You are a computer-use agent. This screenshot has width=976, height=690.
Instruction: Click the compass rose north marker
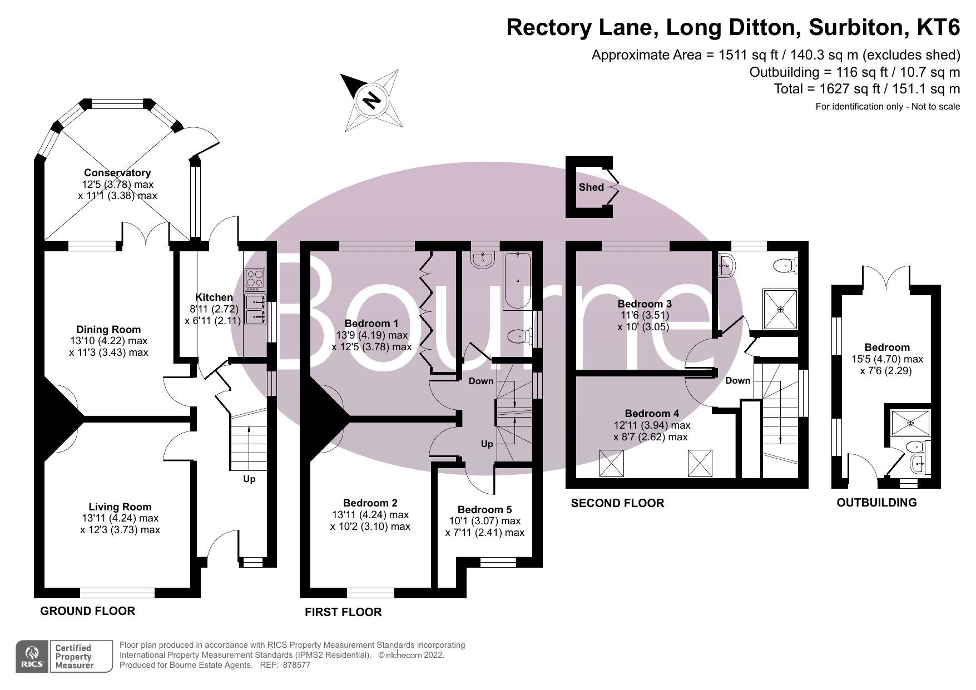click(371, 100)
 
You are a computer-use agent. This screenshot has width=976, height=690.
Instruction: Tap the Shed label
click(591, 187)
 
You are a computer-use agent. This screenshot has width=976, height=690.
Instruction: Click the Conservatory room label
click(117, 173)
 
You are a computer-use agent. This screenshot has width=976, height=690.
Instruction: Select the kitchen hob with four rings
click(255, 280)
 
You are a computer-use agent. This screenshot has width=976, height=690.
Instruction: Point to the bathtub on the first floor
click(517, 281)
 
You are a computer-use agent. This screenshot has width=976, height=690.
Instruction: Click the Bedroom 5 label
click(484, 510)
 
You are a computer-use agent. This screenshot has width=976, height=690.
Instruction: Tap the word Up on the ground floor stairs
click(249, 479)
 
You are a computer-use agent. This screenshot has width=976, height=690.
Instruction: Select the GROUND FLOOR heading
click(87, 611)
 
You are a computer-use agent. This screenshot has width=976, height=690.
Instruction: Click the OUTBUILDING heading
click(876, 503)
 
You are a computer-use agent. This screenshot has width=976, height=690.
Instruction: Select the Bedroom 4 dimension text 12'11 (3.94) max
click(652, 425)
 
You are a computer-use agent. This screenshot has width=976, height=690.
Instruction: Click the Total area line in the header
click(867, 89)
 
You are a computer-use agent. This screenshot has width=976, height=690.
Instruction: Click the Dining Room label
click(108, 330)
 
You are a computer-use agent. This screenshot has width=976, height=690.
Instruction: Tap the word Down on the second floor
click(737, 381)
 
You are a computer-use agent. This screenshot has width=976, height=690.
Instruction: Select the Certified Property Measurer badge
click(73, 657)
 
